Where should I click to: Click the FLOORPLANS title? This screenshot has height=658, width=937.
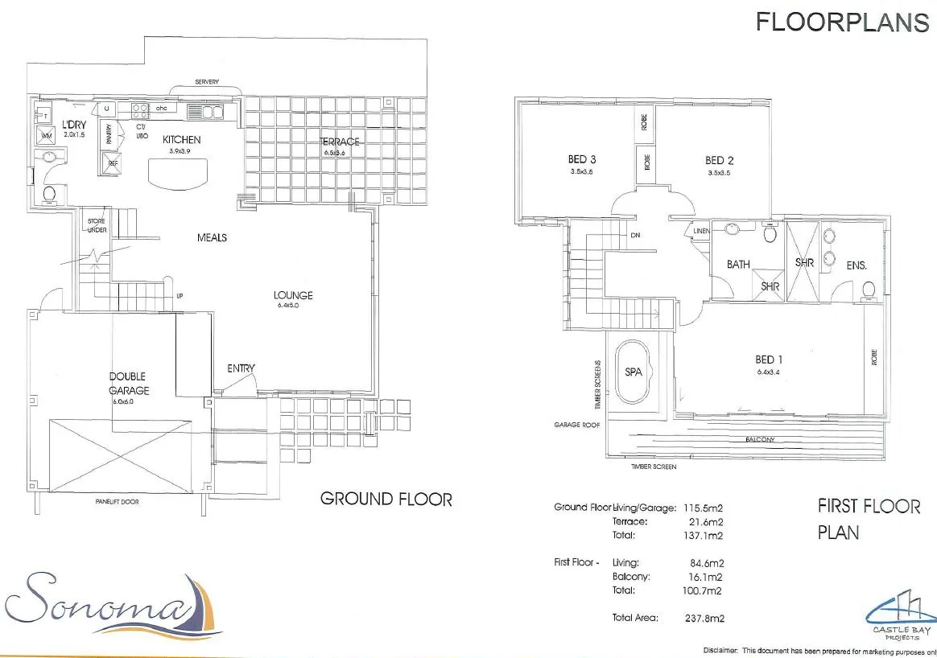click(x=842, y=23)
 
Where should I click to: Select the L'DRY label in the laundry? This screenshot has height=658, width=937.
click(x=74, y=125)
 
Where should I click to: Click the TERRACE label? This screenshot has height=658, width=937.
click(x=340, y=142)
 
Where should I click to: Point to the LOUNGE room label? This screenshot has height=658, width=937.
click(x=293, y=295)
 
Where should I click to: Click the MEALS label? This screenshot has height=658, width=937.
click(x=212, y=237)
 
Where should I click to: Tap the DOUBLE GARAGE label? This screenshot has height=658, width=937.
click(x=129, y=383)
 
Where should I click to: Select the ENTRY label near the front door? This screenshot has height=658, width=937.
click(x=241, y=368)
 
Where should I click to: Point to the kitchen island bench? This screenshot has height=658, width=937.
click(x=176, y=174)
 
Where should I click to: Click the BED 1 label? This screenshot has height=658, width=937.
click(x=769, y=360)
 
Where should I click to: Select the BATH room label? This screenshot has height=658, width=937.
click(x=737, y=264)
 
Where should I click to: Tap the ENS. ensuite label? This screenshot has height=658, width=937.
click(x=857, y=265)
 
